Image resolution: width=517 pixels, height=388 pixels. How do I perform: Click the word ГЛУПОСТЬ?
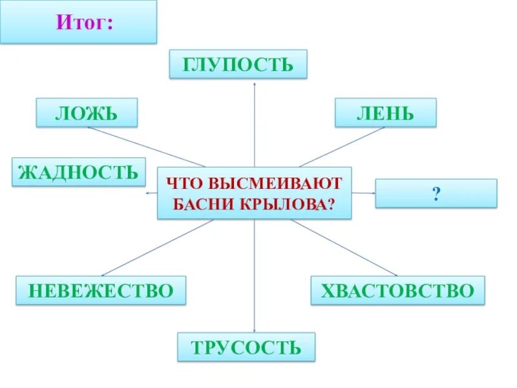click(x=238, y=65)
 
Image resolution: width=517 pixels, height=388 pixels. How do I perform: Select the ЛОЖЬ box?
click(x=87, y=113)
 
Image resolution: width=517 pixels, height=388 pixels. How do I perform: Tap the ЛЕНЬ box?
click(x=385, y=113)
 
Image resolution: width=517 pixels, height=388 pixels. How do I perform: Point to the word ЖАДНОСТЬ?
click(x=78, y=173)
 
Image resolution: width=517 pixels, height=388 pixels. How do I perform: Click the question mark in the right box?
click(x=437, y=194)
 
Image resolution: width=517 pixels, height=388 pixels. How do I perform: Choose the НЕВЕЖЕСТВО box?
click(x=101, y=290)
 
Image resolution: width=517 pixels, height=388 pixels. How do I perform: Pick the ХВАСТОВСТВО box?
click(x=397, y=290)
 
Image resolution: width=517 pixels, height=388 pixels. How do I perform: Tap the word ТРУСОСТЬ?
click(x=246, y=347)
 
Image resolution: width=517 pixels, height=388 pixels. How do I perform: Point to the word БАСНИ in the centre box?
click(x=206, y=204)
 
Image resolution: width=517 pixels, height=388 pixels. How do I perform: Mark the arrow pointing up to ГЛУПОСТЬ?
click(x=255, y=123)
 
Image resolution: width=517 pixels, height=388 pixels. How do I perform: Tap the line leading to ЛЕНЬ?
click(x=343, y=146)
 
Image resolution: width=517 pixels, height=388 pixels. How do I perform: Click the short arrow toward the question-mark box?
click(x=364, y=193)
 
